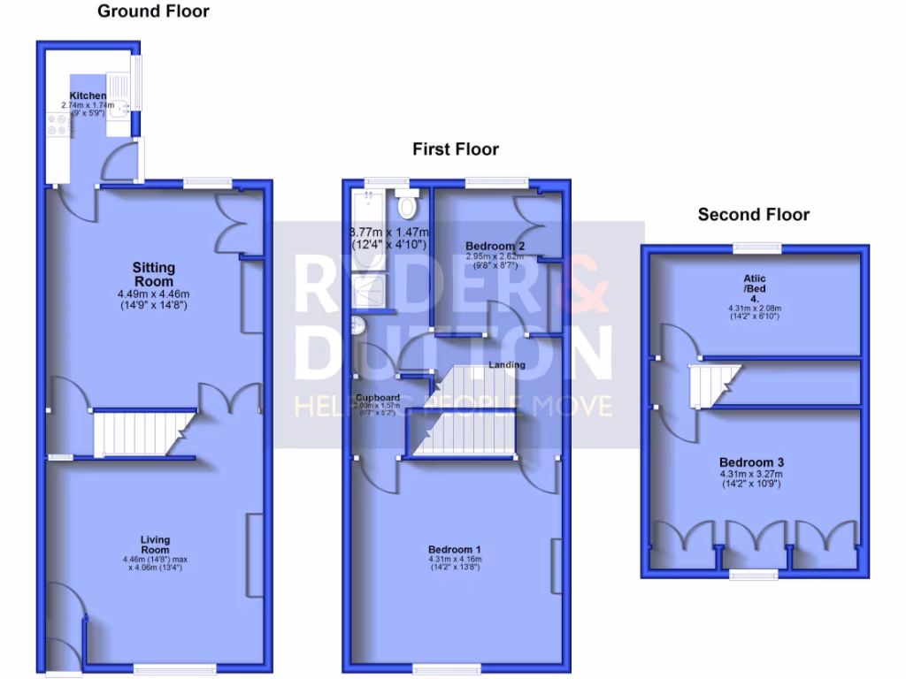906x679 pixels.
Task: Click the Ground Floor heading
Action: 153,11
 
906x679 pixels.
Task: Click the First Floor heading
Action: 455,149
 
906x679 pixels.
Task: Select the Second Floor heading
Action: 753,214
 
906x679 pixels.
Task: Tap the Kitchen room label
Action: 88,95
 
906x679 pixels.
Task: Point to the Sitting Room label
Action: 154,274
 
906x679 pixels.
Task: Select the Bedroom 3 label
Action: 751,462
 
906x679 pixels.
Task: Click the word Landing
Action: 507,365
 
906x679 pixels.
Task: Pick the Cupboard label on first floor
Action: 380,397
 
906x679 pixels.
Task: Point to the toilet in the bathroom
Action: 407,206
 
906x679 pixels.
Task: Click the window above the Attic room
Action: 756,248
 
